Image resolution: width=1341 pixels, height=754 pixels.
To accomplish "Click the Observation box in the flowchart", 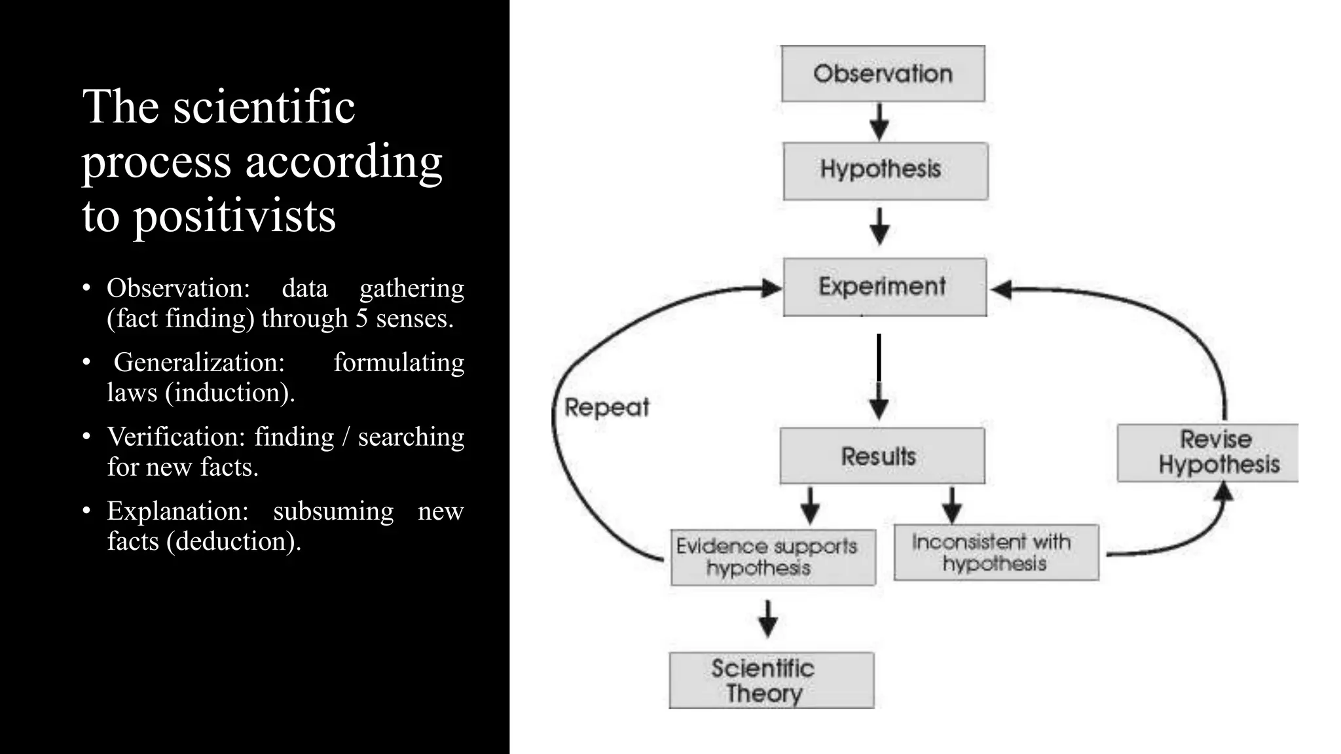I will coord(883,73).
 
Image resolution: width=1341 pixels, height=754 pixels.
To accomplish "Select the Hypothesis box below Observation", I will coord(885,171).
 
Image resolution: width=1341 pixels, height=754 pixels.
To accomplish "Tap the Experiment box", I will coord(885,287).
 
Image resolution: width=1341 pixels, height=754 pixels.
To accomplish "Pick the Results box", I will coord(882,456).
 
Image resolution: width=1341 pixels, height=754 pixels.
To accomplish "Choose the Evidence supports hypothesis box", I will coord(773,557).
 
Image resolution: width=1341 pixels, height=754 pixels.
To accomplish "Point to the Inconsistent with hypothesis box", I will coord(996,552).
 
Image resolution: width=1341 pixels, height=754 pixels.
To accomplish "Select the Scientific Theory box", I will coord(771,680).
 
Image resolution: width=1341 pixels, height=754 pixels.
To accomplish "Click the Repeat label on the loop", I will coord(606,407).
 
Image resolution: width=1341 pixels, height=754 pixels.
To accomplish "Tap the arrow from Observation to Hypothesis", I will coord(879,122).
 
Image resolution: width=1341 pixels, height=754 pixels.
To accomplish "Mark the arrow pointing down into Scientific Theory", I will coord(767,619).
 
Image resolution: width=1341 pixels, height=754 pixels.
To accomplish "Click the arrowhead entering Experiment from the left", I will coord(771,288).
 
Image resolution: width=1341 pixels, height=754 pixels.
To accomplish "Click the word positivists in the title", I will coord(234,216).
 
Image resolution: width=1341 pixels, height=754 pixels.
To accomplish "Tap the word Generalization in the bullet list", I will coord(199,362).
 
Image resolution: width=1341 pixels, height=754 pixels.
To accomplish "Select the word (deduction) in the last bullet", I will coord(234,541).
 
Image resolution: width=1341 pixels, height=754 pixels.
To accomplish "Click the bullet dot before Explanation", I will coord(86,510).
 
